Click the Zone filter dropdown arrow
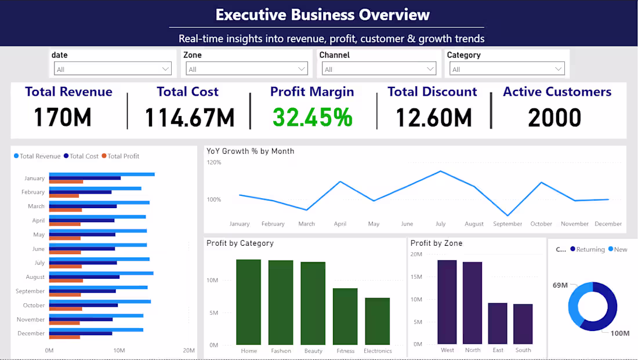pyautogui.click(x=302, y=69)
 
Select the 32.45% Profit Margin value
pyautogui.click(x=313, y=117)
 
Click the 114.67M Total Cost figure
pyautogui.click(x=189, y=117)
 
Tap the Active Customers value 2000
pyautogui.click(x=554, y=117)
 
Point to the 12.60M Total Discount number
pyautogui.click(x=433, y=117)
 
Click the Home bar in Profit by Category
pyautogui.click(x=249, y=302)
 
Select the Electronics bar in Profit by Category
pyautogui.click(x=377, y=321)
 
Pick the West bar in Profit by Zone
pyautogui.click(x=447, y=302)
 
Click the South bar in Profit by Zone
pyautogui.click(x=523, y=324)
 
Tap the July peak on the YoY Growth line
pyautogui.click(x=441, y=171)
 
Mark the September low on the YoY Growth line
pyautogui.click(x=508, y=216)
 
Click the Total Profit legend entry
pyautogui.click(x=123, y=156)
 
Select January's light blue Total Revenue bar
pyautogui.click(x=101, y=174)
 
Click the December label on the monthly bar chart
pyautogui.click(x=31, y=333)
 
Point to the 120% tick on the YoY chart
pyautogui.click(x=214, y=162)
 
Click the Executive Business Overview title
pyautogui.click(x=322, y=14)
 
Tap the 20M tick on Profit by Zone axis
pyautogui.click(x=416, y=254)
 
